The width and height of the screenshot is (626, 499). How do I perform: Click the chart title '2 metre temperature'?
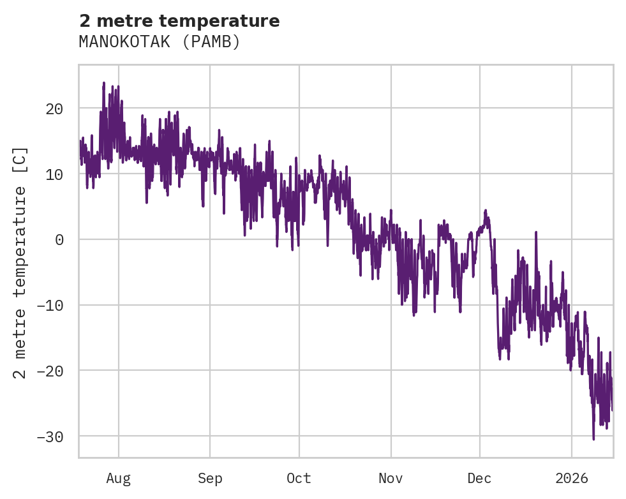coord(179,21)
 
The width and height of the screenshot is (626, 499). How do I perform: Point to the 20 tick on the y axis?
coord(54,108)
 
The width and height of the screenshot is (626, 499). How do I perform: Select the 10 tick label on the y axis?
coord(54,174)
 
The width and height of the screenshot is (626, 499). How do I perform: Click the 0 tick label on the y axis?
coord(59,240)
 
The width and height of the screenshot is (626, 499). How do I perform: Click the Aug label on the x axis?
coord(119,478)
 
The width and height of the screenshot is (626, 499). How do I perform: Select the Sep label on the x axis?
coord(210,478)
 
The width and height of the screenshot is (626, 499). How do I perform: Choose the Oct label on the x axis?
coord(299,478)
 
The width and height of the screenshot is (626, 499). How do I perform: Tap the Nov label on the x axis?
coord(391,478)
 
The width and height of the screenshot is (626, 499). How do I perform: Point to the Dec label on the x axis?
coord(479,478)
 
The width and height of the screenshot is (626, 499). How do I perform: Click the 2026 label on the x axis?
coord(571,478)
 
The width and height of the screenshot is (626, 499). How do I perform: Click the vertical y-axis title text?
coord(20,262)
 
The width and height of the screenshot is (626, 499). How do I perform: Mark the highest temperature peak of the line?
coord(103,83)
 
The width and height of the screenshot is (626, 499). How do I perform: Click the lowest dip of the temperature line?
coord(593,439)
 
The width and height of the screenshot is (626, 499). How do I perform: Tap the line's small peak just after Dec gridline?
coord(486,210)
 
